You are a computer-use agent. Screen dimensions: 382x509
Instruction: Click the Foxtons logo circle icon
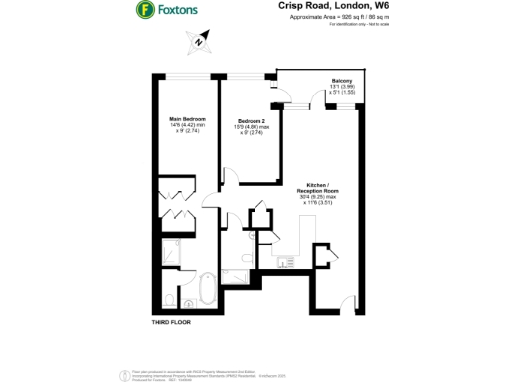click(144, 11)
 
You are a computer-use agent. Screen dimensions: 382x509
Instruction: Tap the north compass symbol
click(198, 43)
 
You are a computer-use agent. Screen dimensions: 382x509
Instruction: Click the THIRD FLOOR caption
click(170, 323)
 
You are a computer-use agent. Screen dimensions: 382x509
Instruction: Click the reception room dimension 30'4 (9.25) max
click(320, 196)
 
